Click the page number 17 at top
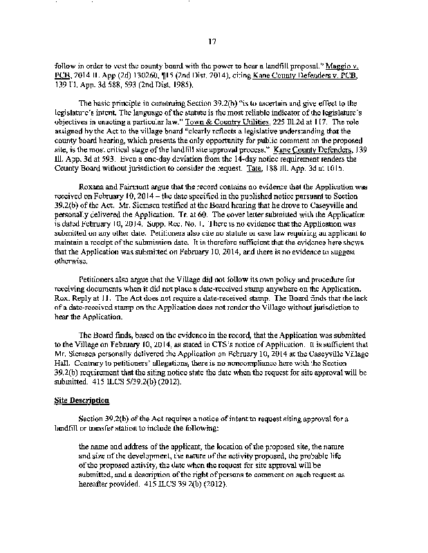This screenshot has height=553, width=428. pyautogui.click(x=214, y=42)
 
